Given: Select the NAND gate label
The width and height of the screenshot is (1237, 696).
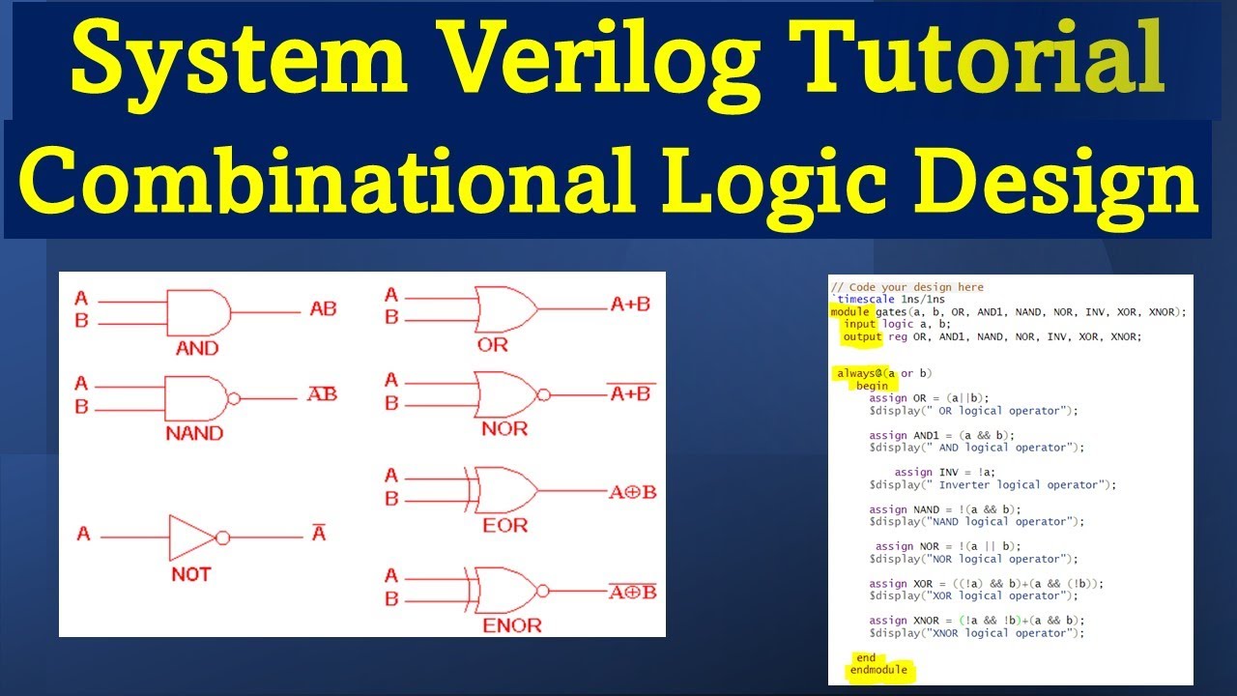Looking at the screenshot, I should (194, 433).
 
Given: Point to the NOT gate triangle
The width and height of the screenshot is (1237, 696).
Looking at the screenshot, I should (192, 536).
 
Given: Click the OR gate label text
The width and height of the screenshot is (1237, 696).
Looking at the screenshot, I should (492, 344).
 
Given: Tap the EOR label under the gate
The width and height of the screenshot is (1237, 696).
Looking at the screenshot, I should (503, 526).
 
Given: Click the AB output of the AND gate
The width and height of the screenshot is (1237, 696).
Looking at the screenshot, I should (323, 309).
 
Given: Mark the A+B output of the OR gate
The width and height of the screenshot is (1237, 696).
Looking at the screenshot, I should (630, 304).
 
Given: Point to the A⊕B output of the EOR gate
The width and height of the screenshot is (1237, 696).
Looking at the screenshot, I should (632, 492).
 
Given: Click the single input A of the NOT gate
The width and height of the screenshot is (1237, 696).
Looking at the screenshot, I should (83, 534).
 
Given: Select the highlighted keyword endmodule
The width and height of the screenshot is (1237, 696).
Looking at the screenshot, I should (878, 670).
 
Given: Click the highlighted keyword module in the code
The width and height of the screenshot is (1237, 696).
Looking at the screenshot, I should (849, 312).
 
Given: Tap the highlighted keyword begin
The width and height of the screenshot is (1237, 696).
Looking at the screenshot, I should (872, 386).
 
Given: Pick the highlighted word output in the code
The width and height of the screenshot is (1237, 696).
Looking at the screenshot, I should (862, 337).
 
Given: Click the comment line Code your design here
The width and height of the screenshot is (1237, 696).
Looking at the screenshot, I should (907, 287).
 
